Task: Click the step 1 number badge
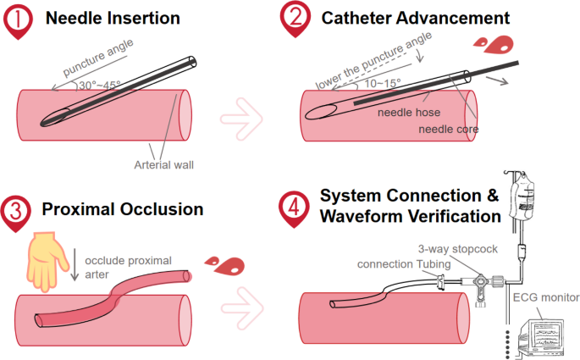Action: point(19,19)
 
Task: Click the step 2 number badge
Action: point(292,19)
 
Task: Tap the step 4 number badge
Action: point(292,206)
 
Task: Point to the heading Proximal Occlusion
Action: point(124,208)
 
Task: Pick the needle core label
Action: point(449,130)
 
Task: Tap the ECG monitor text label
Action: point(545,297)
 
